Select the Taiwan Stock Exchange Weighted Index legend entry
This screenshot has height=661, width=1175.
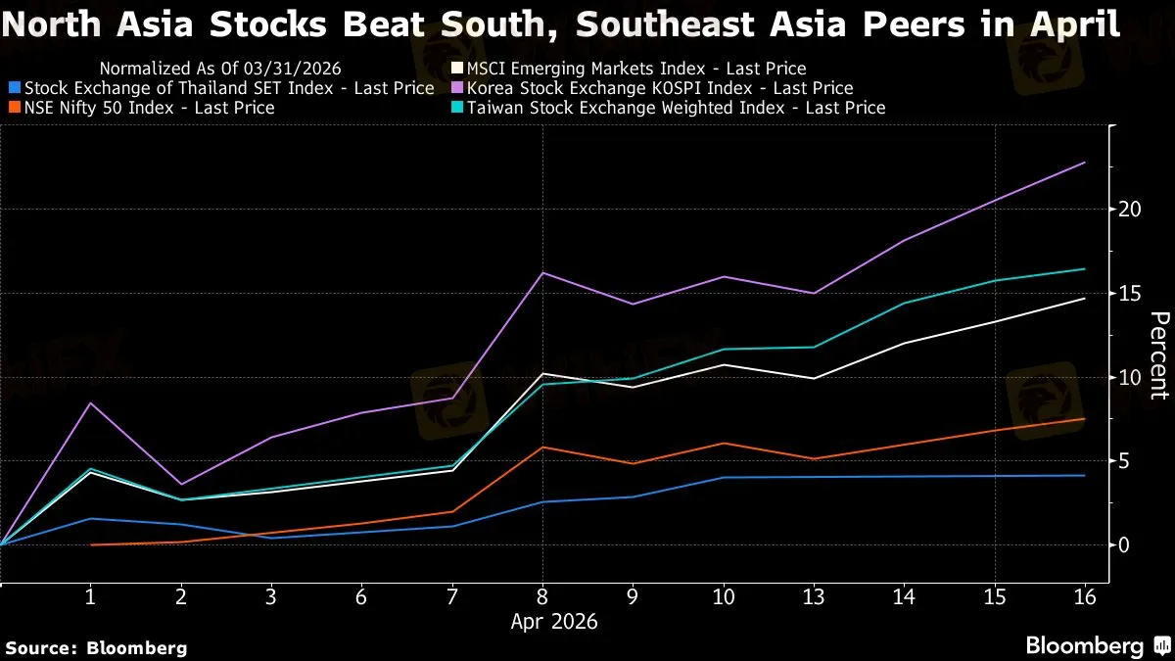(x=675, y=108)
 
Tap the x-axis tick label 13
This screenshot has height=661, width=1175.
(x=814, y=596)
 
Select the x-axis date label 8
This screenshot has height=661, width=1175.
(x=542, y=596)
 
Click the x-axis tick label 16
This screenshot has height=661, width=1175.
(x=1085, y=596)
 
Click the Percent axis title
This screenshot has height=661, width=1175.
(x=1158, y=355)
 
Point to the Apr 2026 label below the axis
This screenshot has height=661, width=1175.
(x=555, y=622)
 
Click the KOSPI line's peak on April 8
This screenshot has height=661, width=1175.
(x=542, y=272)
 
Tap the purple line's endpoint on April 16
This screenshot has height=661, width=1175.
(x=1085, y=163)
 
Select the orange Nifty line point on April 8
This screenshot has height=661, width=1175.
(x=542, y=447)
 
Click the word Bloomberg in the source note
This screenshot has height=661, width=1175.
(x=136, y=647)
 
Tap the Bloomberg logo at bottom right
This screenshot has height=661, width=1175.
(x=1085, y=645)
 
